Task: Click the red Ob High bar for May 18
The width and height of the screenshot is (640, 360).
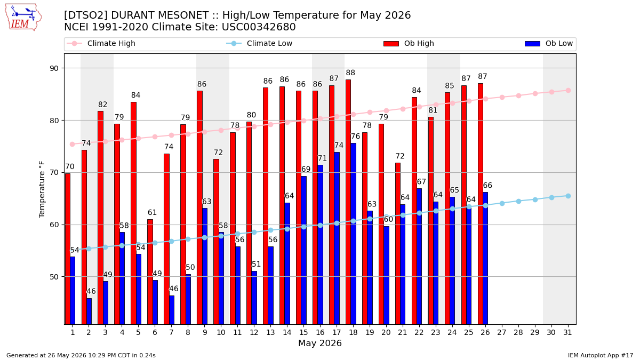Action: click(x=348, y=202)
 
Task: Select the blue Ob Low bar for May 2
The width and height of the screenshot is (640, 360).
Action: click(x=89, y=311)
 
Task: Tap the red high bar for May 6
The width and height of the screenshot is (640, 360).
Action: click(x=150, y=272)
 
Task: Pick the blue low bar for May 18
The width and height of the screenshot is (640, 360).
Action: click(x=354, y=234)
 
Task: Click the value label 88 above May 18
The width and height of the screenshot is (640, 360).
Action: click(x=350, y=73)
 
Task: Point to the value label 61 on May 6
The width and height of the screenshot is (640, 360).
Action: click(x=152, y=213)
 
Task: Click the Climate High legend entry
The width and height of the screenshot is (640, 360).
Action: click(x=101, y=43)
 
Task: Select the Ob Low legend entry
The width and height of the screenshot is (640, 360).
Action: click(x=549, y=43)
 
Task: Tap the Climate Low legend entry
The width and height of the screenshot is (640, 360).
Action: click(x=259, y=43)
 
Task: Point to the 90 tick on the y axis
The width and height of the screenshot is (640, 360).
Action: click(x=54, y=68)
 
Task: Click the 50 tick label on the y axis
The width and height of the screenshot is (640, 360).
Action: click(x=54, y=277)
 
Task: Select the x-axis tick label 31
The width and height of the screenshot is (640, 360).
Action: click(x=567, y=333)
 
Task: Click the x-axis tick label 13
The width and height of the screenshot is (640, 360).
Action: click(x=270, y=333)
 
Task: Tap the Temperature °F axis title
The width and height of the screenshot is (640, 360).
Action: click(x=42, y=189)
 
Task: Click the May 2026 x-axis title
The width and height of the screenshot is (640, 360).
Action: click(x=319, y=343)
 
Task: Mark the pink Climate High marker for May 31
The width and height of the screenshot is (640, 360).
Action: click(x=568, y=91)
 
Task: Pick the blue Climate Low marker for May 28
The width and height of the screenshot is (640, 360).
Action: click(x=518, y=202)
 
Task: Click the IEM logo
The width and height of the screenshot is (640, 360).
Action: click(x=23, y=17)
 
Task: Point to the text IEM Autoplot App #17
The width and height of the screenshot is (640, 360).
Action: click(x=601, y=355)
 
